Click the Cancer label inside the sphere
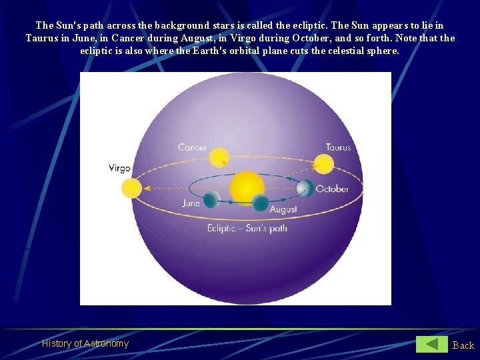coord(192,147)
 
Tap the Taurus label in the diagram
coord(338,147)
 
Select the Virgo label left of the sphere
coord(119,168)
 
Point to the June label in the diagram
coord(191,203)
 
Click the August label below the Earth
coord(283,209)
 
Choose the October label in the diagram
coord(332,189)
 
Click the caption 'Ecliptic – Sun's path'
coord(247,229)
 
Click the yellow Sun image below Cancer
coord(219,157)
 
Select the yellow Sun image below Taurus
coord(323,164)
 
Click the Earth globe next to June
coord(211,199)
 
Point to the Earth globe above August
coord(261,203)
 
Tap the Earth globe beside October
coord(305,188)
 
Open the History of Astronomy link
coord(85,343)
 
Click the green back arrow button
coord(432,344)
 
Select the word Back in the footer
coord(463,345)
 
